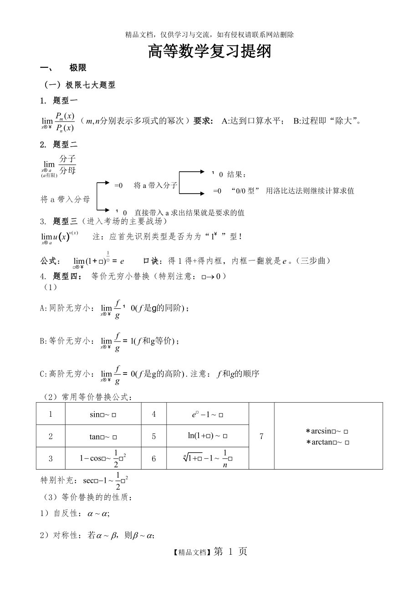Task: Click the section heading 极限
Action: [x=78, y=68]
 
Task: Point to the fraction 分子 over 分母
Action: [x=67, y=165]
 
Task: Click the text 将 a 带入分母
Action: [x=65, y=199]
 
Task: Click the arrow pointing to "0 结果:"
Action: [x=192, y=172]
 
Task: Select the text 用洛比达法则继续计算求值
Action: [x=310, y=191]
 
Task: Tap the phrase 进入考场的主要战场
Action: [x=122, y=222]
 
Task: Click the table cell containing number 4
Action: [x=154, y=414]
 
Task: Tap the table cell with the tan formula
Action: [x=103, y=436]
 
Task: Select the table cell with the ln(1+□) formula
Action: [x=208, y=436]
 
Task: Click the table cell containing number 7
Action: [x=261, y=436]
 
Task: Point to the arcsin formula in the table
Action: [x=327, y=431]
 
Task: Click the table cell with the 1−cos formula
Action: [x=103, y=458]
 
